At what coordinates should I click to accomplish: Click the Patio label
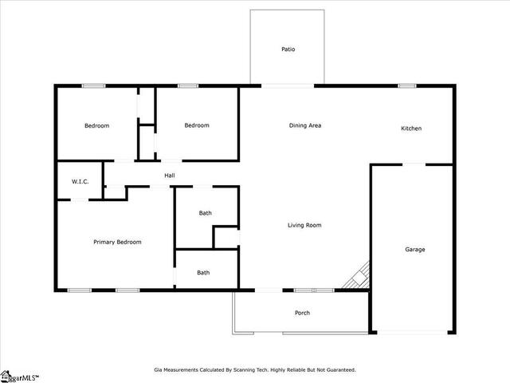click(288, 49)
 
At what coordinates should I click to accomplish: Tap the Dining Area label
click(305, 125)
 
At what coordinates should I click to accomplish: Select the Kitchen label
click(411, 128)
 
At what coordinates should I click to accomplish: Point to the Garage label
click(415, 250)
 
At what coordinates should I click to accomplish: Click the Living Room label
click(304, 225)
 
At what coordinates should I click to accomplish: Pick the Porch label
click(302, 313)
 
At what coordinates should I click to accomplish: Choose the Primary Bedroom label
click(117, 242)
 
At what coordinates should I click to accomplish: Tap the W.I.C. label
click(80, 181)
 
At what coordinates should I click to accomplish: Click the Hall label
click(170, 176)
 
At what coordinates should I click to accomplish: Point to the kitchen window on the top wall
click(407, 86)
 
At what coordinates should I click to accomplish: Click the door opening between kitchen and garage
click(414, 164)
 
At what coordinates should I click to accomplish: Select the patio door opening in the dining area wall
click(288, 86)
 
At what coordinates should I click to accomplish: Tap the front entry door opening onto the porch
click(269, 290)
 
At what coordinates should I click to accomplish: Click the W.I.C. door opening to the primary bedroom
click(80, 199)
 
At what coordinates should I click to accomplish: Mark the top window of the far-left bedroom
click(94, 86)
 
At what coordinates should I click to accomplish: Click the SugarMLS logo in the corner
click(19, 377)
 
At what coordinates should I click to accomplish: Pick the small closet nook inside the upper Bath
click(226, 238)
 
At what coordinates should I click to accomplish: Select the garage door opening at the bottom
click(413, 332)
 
